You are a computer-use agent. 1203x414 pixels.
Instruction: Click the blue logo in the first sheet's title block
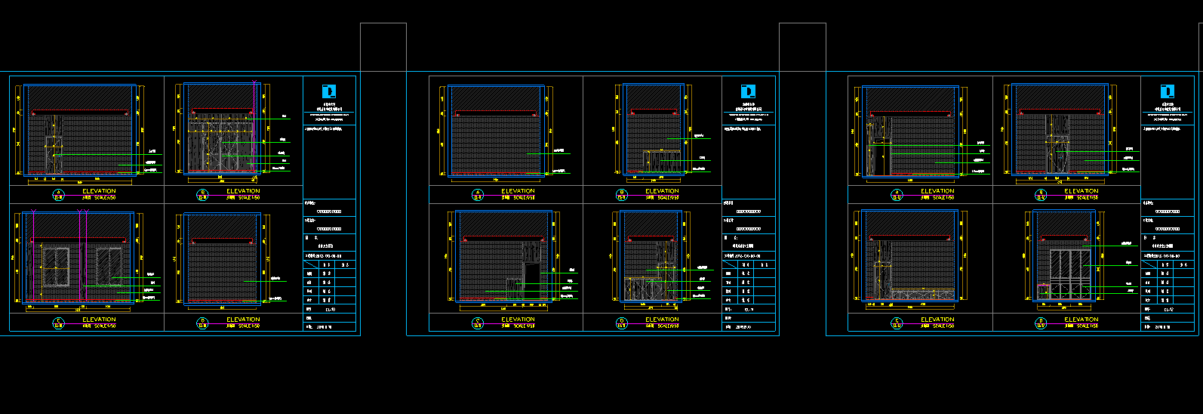(x=329, y=91)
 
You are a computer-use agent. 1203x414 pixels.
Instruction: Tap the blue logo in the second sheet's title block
(x=748, y=91)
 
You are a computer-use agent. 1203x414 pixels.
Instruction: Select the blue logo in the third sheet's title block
(x=1168, y=91)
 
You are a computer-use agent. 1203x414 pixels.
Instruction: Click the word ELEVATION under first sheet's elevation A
(x=99, y=191)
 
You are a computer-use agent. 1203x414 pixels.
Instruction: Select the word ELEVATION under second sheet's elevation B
(x=662, y=191)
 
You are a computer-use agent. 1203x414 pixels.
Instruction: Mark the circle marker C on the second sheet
(x=478, y=323)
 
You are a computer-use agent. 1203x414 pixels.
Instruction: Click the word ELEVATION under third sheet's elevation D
(x=1081, y=320)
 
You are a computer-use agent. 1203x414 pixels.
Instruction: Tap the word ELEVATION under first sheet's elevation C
(x=99, y=320)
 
